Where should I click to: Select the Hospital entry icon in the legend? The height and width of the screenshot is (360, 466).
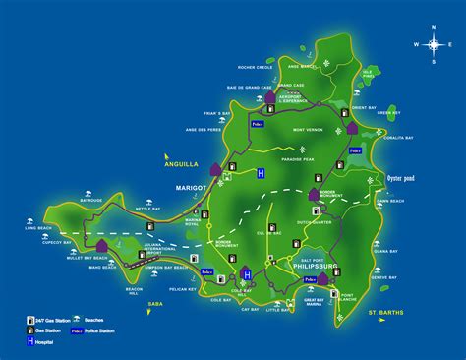[29, 344]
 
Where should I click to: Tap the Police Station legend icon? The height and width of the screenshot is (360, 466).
[77, 331]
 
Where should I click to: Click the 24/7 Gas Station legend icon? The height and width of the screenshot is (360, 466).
[29, 321]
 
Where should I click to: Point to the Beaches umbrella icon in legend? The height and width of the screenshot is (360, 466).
[77, 321]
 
